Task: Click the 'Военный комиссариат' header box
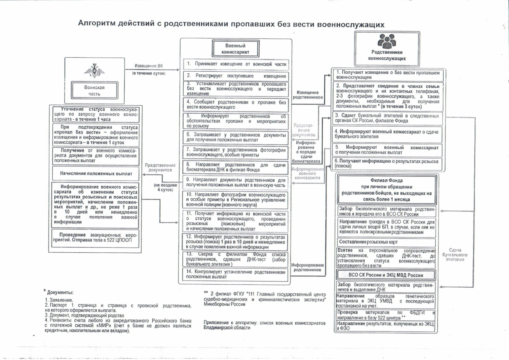235,49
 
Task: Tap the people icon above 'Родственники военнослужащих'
387,40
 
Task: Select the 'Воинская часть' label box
94,90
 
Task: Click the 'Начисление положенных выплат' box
96,174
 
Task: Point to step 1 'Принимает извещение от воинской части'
236,64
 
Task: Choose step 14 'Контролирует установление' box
236,274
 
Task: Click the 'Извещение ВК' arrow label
149,66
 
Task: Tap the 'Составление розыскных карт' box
386,242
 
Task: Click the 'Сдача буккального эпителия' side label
455,255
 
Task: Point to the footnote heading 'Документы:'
60,292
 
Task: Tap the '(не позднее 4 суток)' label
165,187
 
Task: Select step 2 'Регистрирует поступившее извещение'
236,76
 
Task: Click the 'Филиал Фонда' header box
386,190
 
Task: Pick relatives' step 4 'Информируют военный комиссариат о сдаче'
387,134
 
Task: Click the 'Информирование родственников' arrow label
307,267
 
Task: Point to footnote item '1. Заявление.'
59,300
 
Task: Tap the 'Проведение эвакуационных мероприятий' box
95,237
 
